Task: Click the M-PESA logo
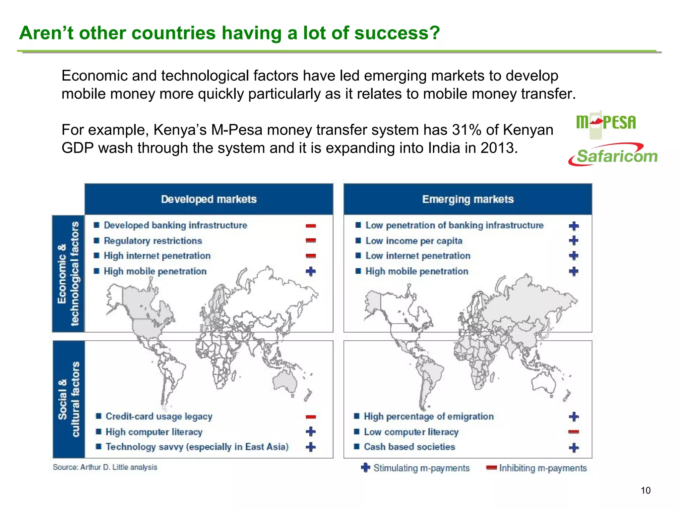606,123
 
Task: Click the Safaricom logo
613,155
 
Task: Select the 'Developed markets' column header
209,199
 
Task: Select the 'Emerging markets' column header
468,199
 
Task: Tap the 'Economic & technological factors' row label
68,274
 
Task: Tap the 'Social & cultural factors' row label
69,399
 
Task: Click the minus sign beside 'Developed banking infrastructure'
311,226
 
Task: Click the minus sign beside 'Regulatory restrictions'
311,240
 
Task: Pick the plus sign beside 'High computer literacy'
311,431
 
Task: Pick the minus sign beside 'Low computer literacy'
574,432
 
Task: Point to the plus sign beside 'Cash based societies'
574,448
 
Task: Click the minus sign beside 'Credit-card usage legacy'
311,417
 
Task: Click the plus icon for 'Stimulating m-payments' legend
365,468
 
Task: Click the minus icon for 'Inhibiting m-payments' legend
491,468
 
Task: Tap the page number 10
646,490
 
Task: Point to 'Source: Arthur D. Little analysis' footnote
105,467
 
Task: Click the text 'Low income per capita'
414,241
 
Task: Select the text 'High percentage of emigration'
429,417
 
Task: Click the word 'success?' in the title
397,33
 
